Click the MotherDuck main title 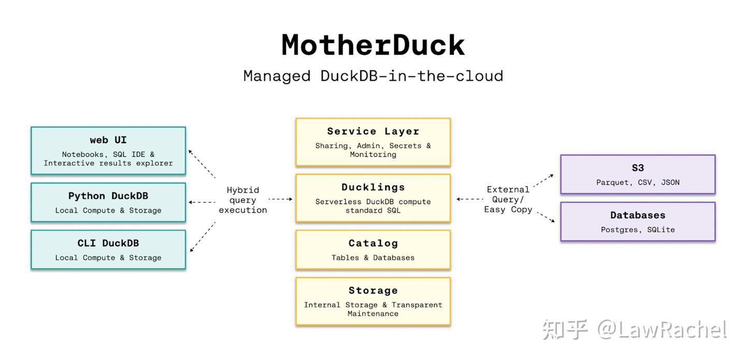[x=373, y=45]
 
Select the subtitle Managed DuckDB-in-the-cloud [x=373, y=76]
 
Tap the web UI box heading [x=108, y=140]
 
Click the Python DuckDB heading [x=108, y=196]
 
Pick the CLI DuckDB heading [x=108, y=243]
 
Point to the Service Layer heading [x=373, y=132]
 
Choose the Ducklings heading [x=373, y=188]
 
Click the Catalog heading [x=373, y=243]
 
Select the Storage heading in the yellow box [x=373, y=291]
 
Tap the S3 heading [x=638, y=168]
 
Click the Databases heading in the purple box [x=638, y=215]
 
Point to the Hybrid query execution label [x=242, y=200]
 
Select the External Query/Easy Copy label [x=508, y=199]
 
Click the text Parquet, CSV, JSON [x=638, y=182]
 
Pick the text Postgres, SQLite [x=638, y=229]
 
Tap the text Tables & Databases [x=373, y=257]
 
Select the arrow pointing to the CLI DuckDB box [x=202, y=237]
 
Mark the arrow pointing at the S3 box [x=543, y=180]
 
